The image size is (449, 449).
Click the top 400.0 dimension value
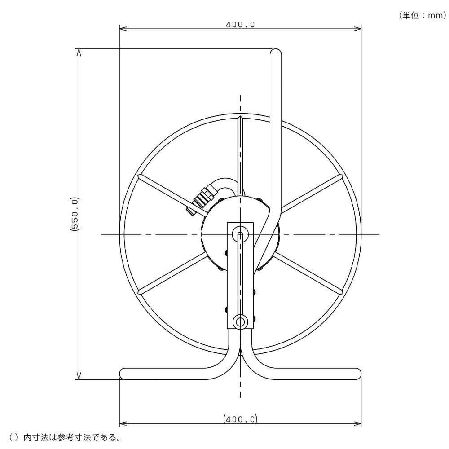point(240,25)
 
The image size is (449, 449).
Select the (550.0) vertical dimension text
point(74,214)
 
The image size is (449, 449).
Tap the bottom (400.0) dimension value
point(240,419)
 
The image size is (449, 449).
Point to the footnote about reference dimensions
point(64,437)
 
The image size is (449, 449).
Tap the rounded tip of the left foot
point(122,374)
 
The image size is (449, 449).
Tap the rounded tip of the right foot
point(358,374)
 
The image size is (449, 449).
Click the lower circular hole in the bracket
point(240,322)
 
